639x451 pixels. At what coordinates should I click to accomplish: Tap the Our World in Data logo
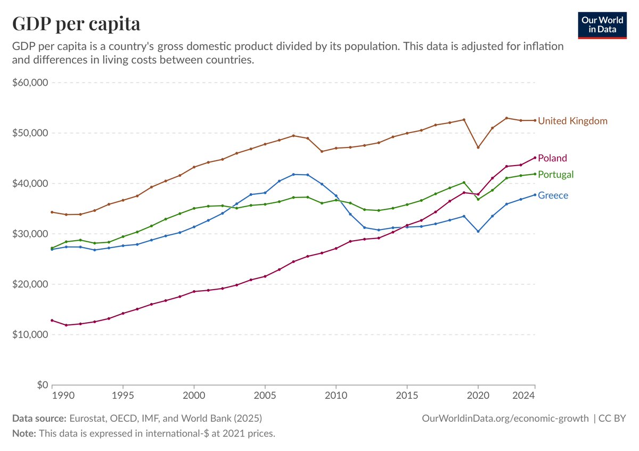[602, 24]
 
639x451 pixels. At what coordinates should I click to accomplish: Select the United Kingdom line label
[572, 121]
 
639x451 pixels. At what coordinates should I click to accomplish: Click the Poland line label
[552, 158]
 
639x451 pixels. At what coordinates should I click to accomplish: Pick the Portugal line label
[556, 175]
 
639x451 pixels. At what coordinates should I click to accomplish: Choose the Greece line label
[553, 195]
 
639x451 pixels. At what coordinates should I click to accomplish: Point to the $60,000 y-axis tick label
[30, 83]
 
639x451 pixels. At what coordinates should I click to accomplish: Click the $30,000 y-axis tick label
[30, 234]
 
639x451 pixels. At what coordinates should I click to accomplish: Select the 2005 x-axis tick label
[265, 396]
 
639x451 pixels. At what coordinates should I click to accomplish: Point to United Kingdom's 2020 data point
[478, 147]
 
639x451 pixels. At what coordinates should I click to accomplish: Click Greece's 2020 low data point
[478, 232]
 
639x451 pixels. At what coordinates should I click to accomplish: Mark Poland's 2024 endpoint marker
[535, 158]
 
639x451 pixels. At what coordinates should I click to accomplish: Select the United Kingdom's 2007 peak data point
[293, 135]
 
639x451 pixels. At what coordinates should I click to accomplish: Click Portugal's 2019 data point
[464, 182]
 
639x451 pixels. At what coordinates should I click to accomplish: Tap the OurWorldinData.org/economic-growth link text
[505, 419]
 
